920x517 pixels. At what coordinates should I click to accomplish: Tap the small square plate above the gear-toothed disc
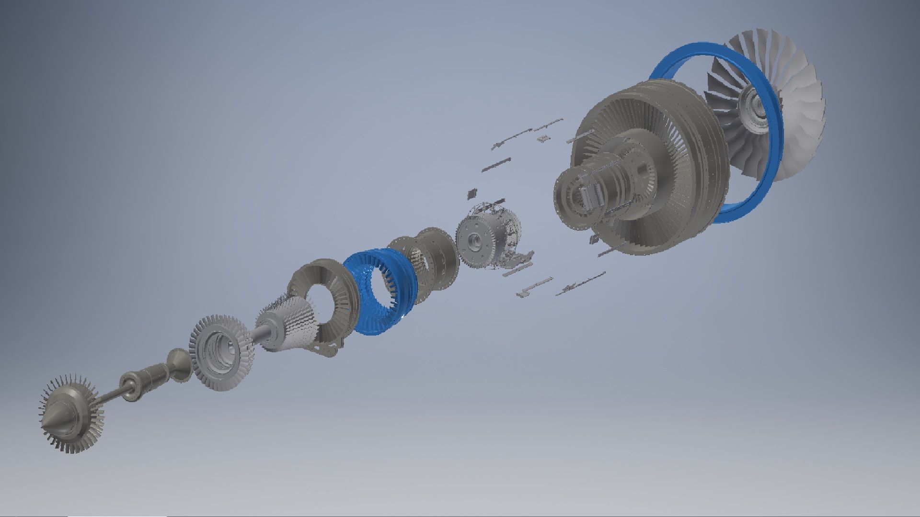pos(472,194)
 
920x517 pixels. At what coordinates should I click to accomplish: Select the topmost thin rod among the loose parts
pos(549,125)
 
